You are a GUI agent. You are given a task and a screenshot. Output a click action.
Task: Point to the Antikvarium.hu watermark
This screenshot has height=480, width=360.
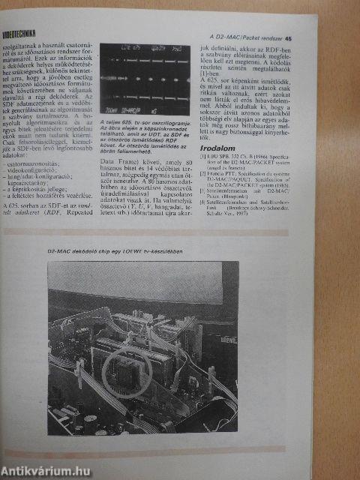point(46,470)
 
